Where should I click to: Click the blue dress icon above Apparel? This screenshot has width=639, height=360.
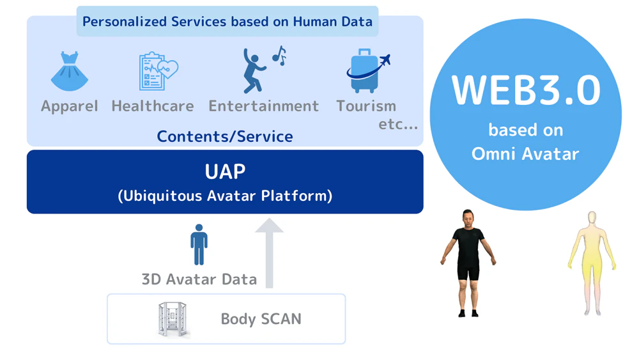(70, 72)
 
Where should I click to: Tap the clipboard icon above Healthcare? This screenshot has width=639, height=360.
(157, 71)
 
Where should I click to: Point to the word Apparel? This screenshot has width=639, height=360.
(70, 106)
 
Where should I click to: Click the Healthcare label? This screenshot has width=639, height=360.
(153, 106)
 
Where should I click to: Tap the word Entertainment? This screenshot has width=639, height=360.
(263, 106)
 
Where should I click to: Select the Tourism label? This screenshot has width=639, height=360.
(366, 106)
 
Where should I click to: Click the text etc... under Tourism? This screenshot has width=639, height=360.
(398, 124)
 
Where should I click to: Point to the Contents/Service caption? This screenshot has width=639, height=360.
(225, 136)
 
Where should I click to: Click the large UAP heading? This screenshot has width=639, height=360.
(225, 171)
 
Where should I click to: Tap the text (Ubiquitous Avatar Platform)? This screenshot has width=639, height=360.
(225, 196)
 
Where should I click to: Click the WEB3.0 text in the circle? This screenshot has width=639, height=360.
(525, 90)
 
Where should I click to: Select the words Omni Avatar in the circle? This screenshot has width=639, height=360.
(525, 154)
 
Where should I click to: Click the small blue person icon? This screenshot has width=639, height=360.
(199, 245)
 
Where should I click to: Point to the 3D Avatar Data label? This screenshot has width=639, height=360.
(199, 279)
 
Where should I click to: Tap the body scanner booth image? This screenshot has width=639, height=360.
(173, 319)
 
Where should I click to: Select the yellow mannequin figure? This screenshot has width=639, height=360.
(592, 263)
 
